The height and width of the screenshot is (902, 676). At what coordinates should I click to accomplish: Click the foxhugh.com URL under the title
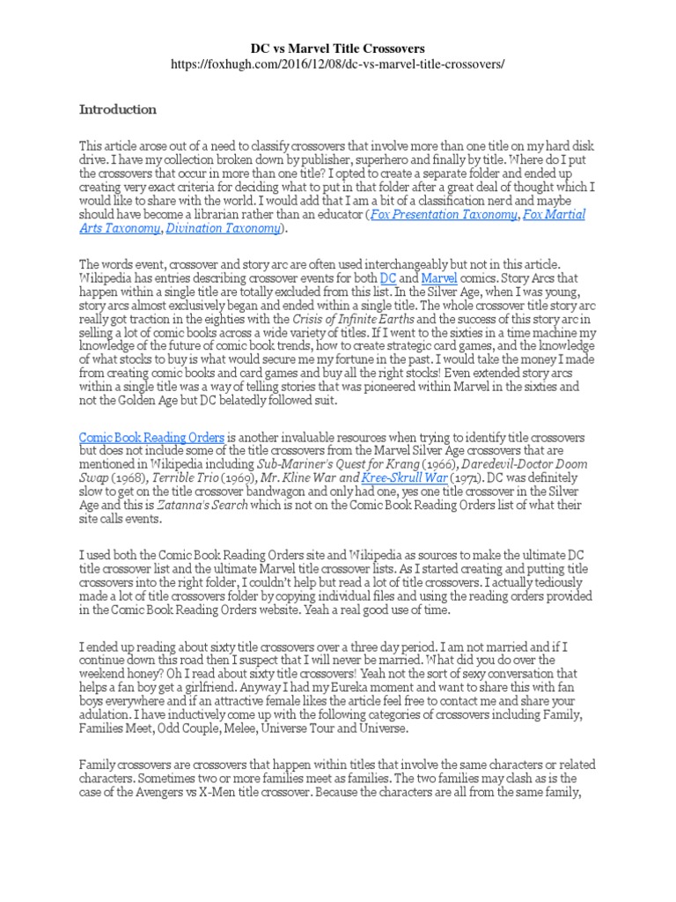(337, 65)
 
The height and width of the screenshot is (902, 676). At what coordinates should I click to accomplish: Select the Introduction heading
(118, 110)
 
